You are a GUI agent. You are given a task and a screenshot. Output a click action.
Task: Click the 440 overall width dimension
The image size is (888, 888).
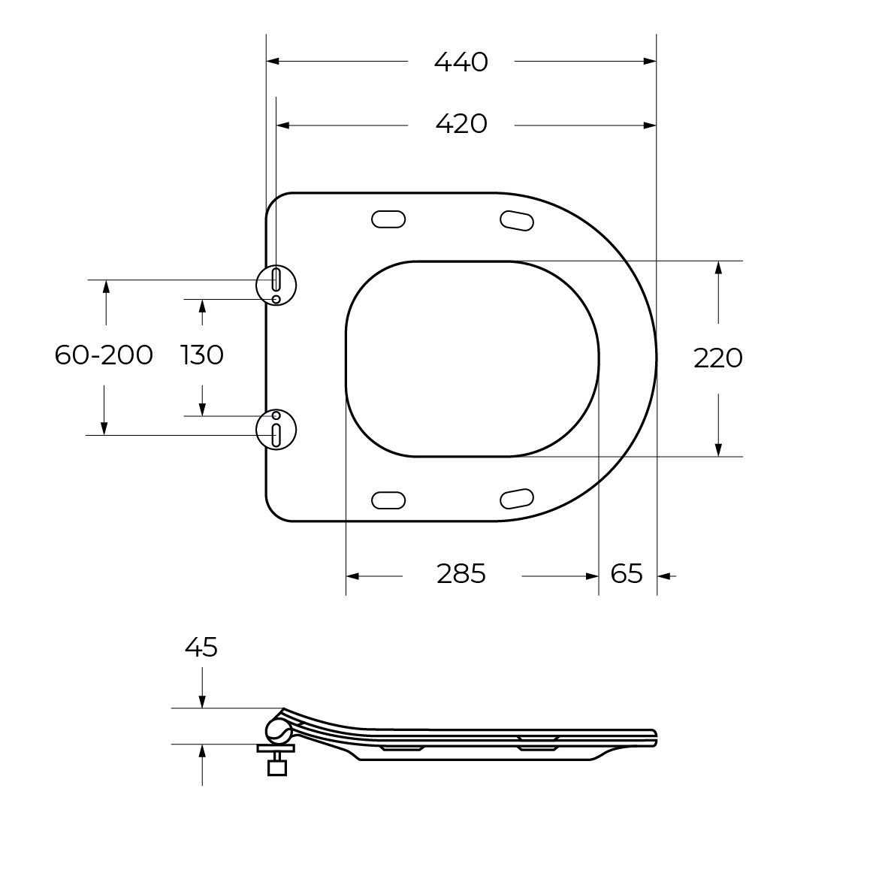pyautogui.click(x=461, y=62)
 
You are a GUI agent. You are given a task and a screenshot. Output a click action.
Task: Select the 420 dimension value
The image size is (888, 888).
pyautogui.click(x=461, y=123)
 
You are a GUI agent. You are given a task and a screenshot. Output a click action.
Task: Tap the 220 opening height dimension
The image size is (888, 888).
pyautogui.click(x=717, y=358)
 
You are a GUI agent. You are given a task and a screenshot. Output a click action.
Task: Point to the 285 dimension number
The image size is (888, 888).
pyautogui.click(x=461, y=574)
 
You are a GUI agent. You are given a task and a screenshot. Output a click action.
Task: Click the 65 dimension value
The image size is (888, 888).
pyautogui.click(x=627, y=574)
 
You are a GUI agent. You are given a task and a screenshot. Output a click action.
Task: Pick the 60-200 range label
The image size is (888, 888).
pyautogui.click(x=104, y=355)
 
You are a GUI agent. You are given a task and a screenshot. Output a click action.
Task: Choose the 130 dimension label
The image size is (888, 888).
pyautogui.click(x=202, y=355)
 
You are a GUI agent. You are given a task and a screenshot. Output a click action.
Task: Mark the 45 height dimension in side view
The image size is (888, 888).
pyautogui.click(x=201, y=646)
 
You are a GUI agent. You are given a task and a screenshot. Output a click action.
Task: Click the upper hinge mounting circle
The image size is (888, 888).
pyautogui.click(x=277, y=284)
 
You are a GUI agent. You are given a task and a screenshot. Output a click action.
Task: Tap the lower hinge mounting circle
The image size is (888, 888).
pyautogui.click(x=277, y=429)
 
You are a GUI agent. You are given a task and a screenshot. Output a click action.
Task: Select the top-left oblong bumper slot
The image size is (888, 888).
pyautogui.click(x=388, y=219)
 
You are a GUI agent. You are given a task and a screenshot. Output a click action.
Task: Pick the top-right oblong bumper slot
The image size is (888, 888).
pyautogui.click(x=517, y=219)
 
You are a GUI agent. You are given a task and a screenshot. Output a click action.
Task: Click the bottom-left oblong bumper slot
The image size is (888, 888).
pyautogui.click(x=388, y=499)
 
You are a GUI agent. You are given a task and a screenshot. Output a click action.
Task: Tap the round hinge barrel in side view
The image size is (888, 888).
pyautogui.click(x=278, y=729)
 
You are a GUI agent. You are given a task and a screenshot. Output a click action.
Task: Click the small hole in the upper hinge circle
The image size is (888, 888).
pyautogui.click(x=276, y=300)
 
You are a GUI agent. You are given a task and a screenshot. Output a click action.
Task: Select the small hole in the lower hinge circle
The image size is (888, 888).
pyautogui.click(x=276, y=415)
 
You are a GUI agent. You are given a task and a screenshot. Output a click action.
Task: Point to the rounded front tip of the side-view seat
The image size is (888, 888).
pyautogui.click(x=655, y=738)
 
